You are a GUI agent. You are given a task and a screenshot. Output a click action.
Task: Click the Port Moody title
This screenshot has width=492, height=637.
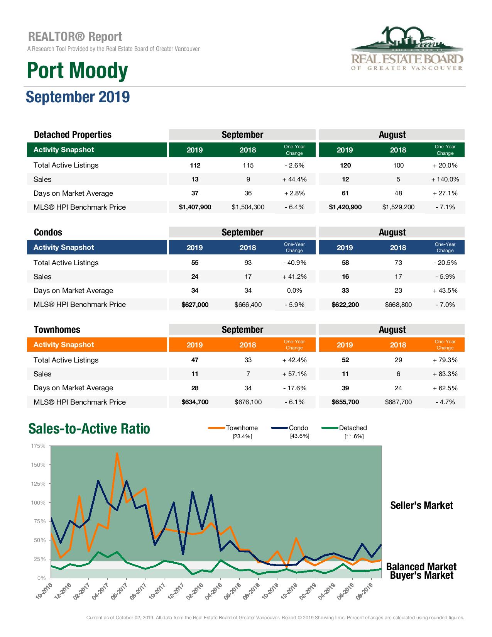77,71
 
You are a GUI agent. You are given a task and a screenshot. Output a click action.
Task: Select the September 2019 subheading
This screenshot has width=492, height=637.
78,97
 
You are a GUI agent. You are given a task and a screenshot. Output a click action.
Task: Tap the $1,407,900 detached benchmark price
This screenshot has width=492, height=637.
195,207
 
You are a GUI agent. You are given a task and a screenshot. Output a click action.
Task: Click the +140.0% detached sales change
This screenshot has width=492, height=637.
445,180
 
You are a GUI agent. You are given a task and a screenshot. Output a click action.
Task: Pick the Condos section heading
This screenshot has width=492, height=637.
48,232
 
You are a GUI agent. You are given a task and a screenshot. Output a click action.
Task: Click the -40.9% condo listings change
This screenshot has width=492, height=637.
294,263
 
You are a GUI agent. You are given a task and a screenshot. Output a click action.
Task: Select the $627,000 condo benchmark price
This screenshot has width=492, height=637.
195,305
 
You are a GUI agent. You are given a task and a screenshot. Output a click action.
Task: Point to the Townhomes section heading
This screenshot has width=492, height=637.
57,330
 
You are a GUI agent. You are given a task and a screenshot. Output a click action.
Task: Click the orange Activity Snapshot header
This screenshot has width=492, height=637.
64,345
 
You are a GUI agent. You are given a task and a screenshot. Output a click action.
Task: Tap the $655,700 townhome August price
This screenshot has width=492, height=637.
345,402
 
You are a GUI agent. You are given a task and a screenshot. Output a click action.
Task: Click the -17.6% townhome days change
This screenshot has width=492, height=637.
294,388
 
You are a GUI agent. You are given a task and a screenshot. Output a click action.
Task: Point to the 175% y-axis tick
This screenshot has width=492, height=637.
38,446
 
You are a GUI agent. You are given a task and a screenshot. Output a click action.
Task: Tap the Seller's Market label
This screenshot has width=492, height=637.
421,505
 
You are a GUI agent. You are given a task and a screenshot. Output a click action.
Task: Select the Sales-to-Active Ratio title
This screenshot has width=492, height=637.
89,429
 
